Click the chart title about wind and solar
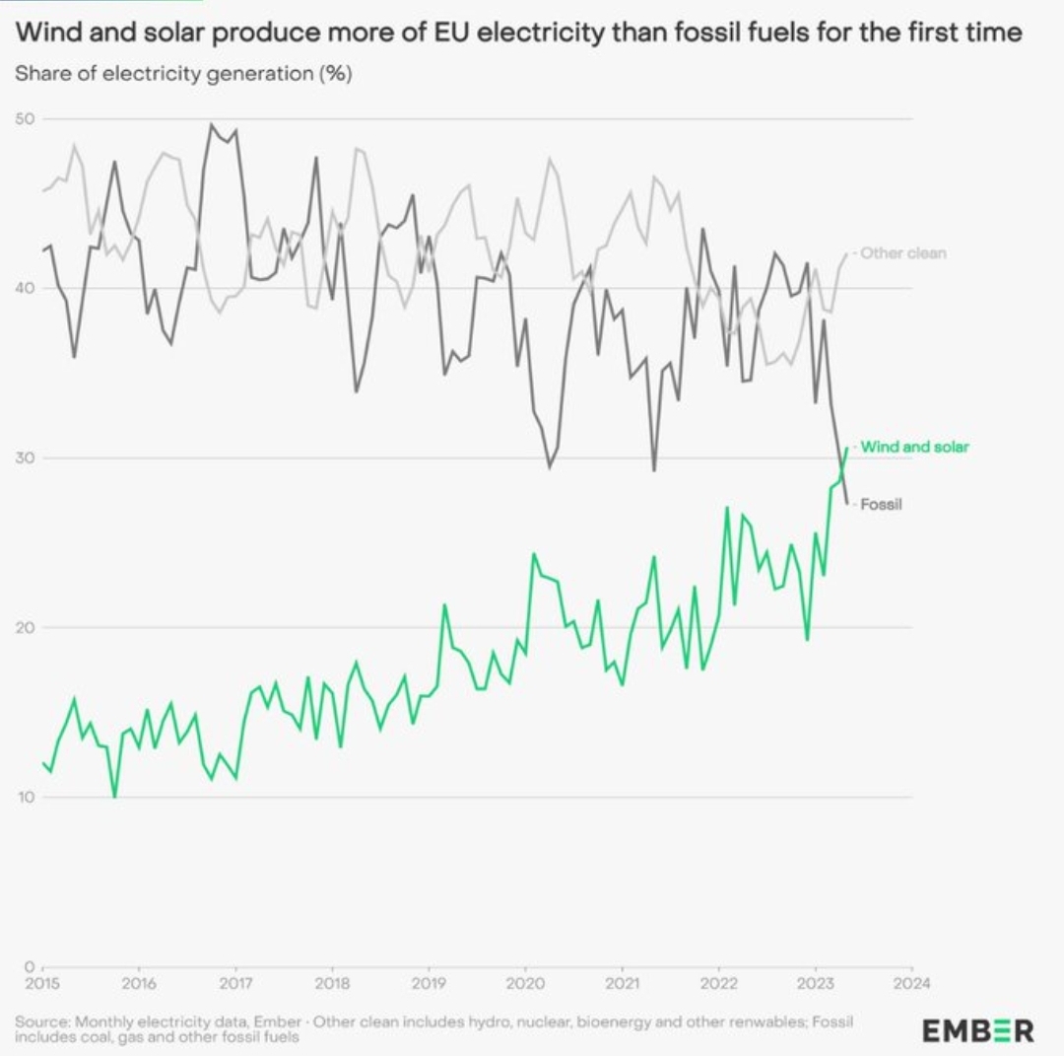pyautogui.click(x=519, y=33)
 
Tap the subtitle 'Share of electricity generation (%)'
pyautogui.click(x=183, y=74)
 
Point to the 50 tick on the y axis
pyautogui.click(x=25, y=119)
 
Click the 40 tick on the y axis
pyautogui.click(x=25, y=288)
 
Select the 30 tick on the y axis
pyautogui.click(x=25, y=458)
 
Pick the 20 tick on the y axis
pyautogui.click(x=25, y=627)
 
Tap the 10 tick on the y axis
pyautogui.click(x=25, y=797)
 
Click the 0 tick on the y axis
pyautogui.click(x=30, y=966)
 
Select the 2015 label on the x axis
pyautogui.click(x=42, y=982)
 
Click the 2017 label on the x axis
pyautogui.click(x=235, y=982)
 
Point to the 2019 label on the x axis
pyautogui.click(x=429, y=982)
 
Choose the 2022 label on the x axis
pyautogui.click(x=718, y=982)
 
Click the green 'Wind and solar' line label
pyautogui.click(x=914, y=447)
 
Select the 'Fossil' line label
pyautogui.click(x=882, y=504)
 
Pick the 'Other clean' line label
pyautogui.click(x=902, y=253)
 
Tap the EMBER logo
pyautogui.click(x=977, y=1030)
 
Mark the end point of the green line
pyautogui.click(x=846, y=449)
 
